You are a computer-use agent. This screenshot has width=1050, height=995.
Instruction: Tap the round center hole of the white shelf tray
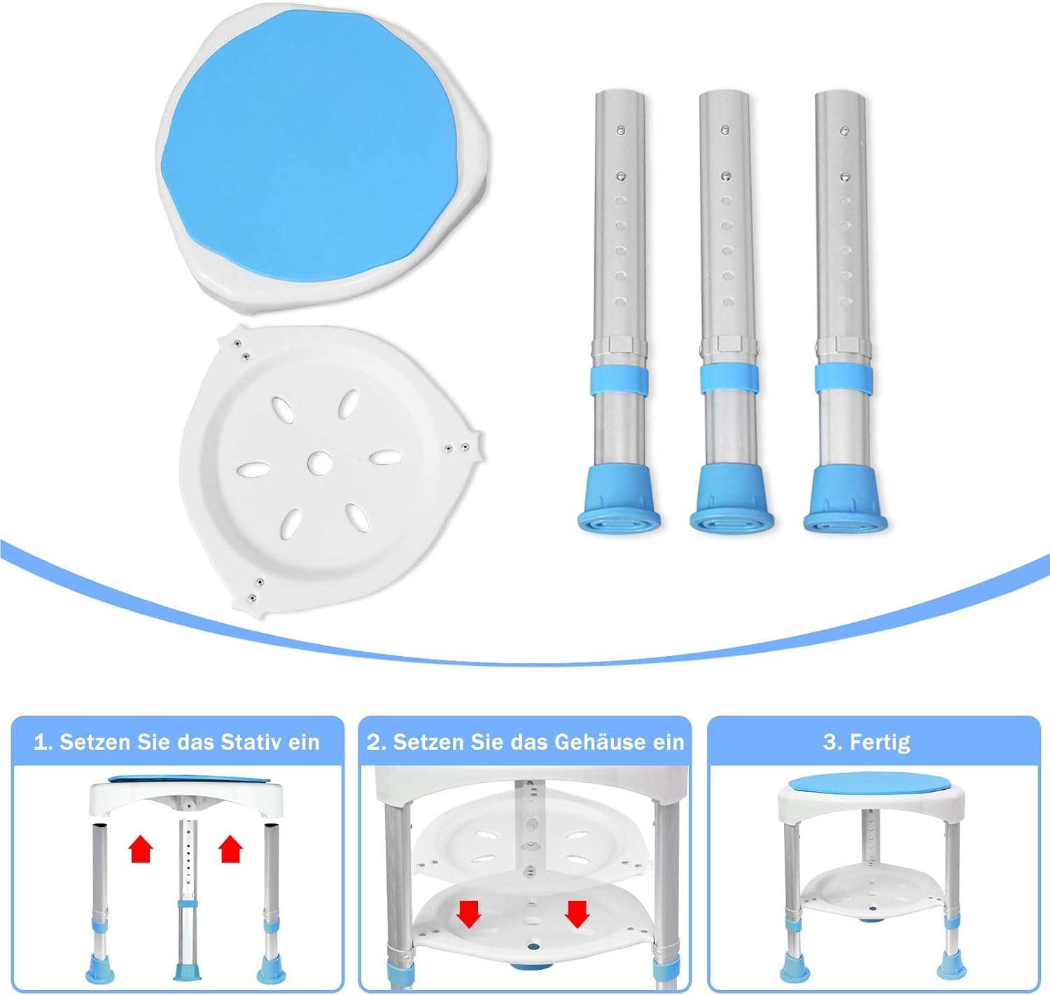[319, 463]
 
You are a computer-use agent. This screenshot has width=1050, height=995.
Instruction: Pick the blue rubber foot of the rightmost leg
[845, 500]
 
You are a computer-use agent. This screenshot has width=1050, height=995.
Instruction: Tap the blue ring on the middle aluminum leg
[729, 379]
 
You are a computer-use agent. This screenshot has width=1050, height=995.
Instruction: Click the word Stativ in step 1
[251, 742]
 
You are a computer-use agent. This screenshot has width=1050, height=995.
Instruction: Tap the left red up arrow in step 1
[141, 849]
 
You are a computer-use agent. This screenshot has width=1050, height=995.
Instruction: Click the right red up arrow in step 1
[231, 849]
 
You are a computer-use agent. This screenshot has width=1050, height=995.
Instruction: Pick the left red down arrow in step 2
[469, 914]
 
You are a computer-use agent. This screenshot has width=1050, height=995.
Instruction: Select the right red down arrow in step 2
[577, 914]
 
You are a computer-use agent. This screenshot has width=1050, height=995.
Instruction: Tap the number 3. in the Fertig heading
[832, 743]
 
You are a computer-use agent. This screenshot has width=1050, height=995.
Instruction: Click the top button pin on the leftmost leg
[620, 130]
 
